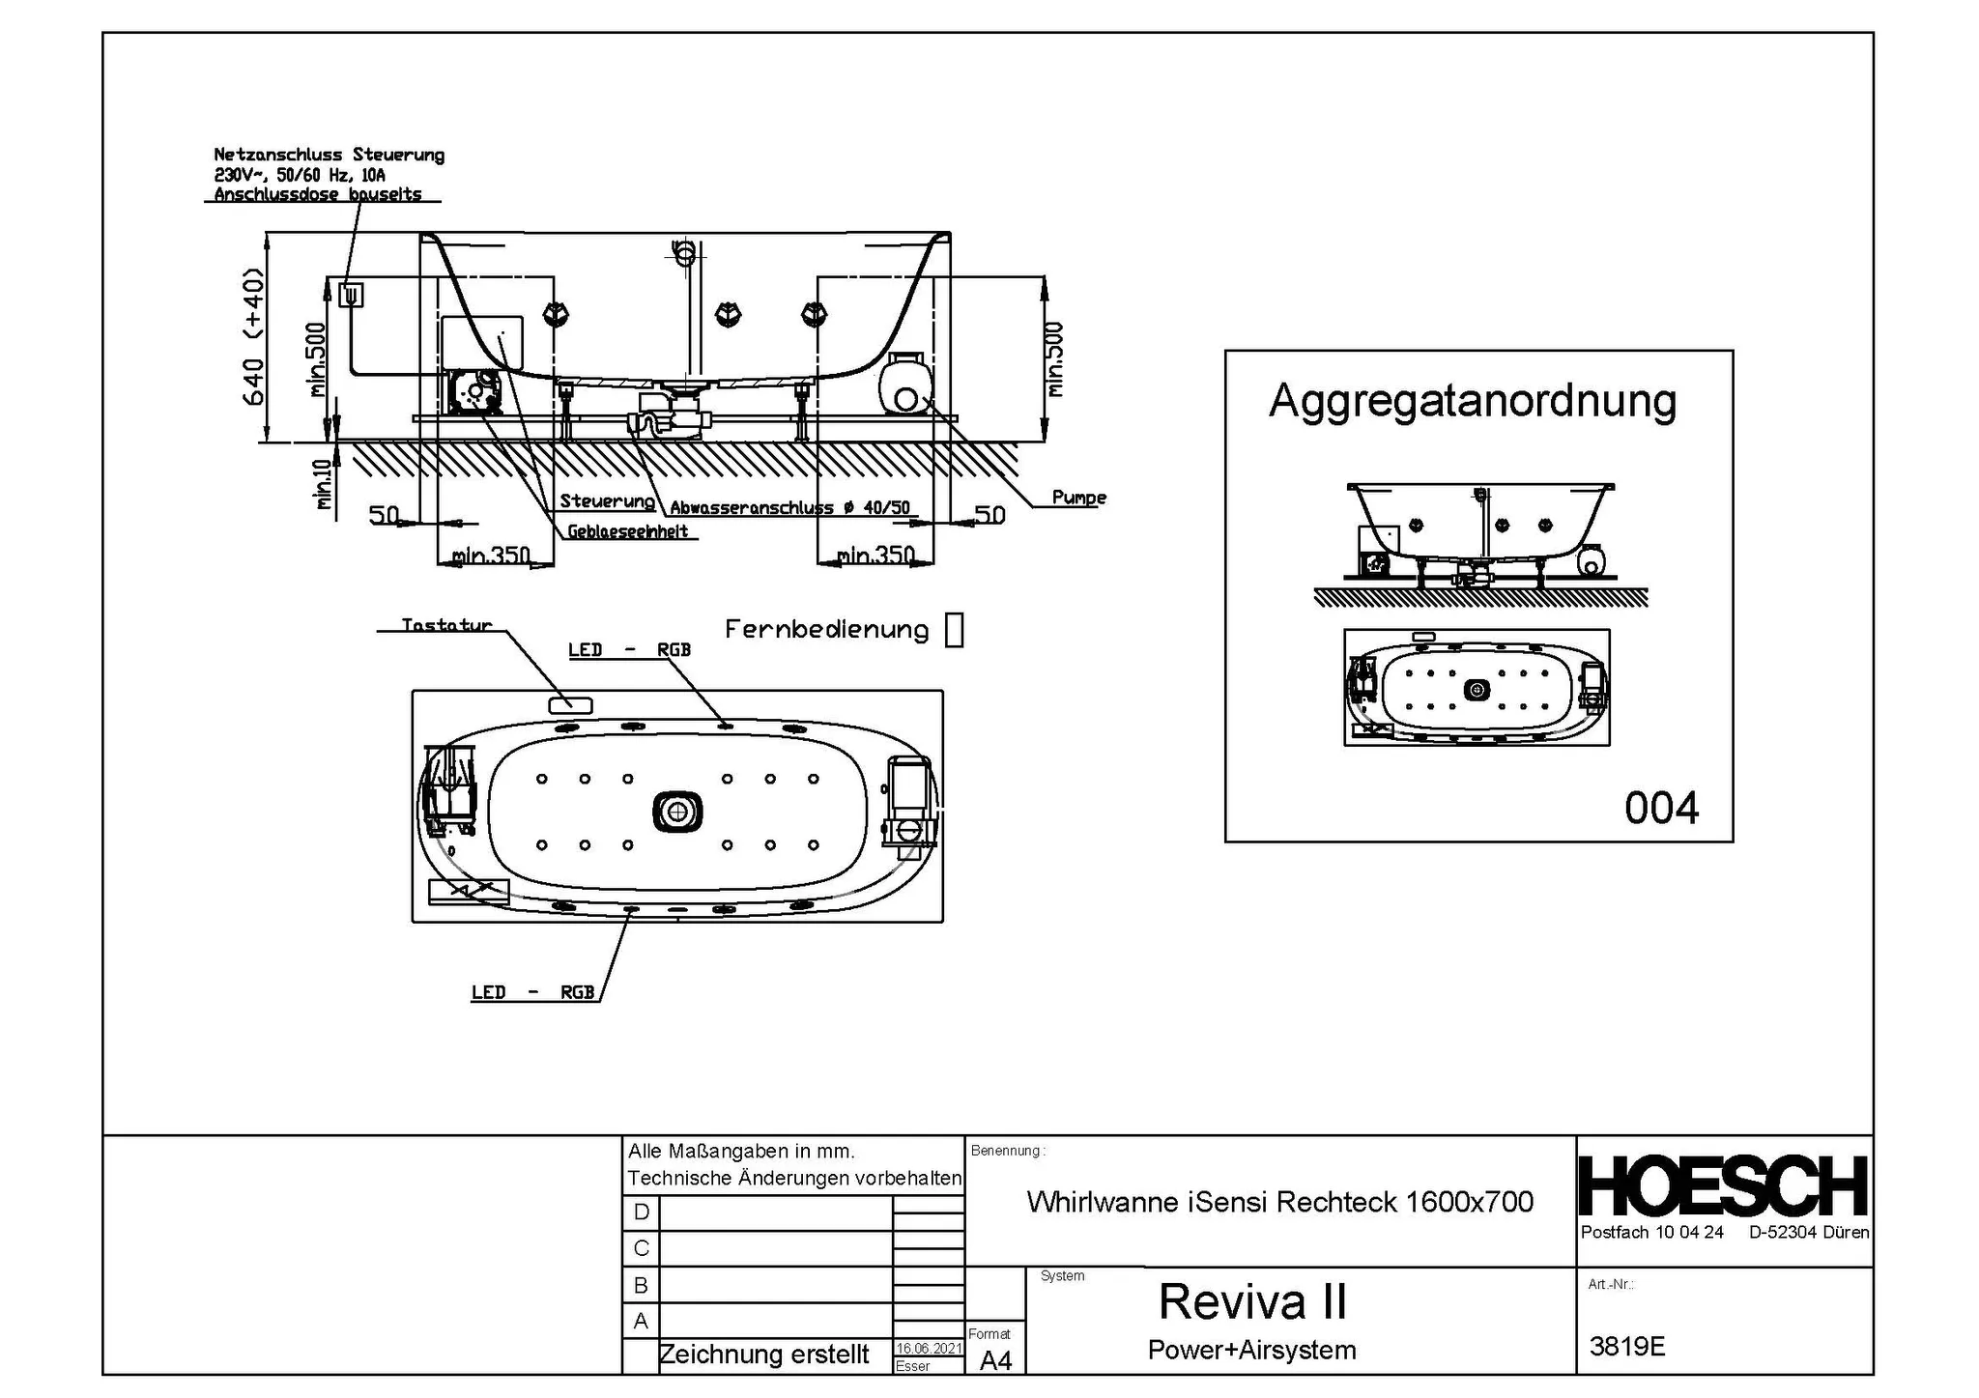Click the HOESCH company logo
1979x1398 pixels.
(1723, 1186)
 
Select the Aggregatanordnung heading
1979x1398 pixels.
(1472, 400)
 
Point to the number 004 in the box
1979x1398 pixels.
(1661, 808)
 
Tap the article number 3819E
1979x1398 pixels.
(1627, 1346)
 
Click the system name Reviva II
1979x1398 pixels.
(1251, 1301)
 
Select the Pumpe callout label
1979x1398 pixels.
(1078, 498)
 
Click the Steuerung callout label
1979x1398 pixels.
(607, 500)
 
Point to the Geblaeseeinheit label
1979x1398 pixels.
(627, 531)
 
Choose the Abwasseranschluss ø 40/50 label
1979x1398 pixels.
(789, 508)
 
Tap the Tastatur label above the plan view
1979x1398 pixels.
(446, 625)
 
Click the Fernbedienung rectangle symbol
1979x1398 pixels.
(954, 630)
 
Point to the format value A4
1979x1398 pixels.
(995, 1360)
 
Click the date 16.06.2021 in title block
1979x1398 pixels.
(929, 1348)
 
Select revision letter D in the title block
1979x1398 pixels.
(641, 1212)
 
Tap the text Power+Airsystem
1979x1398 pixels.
(1251, 1350)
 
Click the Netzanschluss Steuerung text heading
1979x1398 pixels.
(329, 155)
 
